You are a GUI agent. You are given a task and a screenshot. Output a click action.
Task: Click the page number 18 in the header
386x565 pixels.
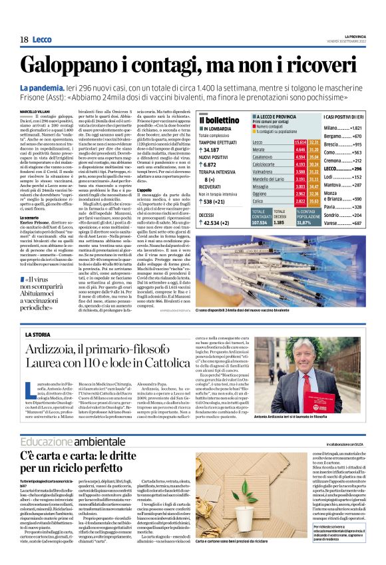pos(23,40)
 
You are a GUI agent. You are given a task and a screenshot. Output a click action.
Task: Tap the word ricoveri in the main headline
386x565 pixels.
pos(320,67)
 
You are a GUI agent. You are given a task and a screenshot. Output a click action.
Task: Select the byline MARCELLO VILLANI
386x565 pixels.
pos(35,111)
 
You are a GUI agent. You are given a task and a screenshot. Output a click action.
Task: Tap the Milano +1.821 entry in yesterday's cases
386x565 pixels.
pos(361,127)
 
